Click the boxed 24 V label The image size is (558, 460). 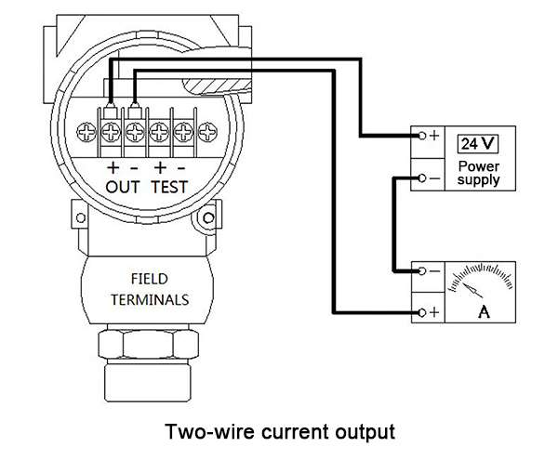click(478, 144)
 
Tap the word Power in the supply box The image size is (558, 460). click(478, 165)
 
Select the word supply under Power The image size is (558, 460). click(478, 179)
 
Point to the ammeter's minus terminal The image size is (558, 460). click(423, 271)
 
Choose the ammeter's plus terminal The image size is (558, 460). click(423, 314)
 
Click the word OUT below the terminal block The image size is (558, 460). click(123, 187)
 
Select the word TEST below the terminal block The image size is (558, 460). click(169, 187)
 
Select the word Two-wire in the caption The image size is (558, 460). click(201, 432)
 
